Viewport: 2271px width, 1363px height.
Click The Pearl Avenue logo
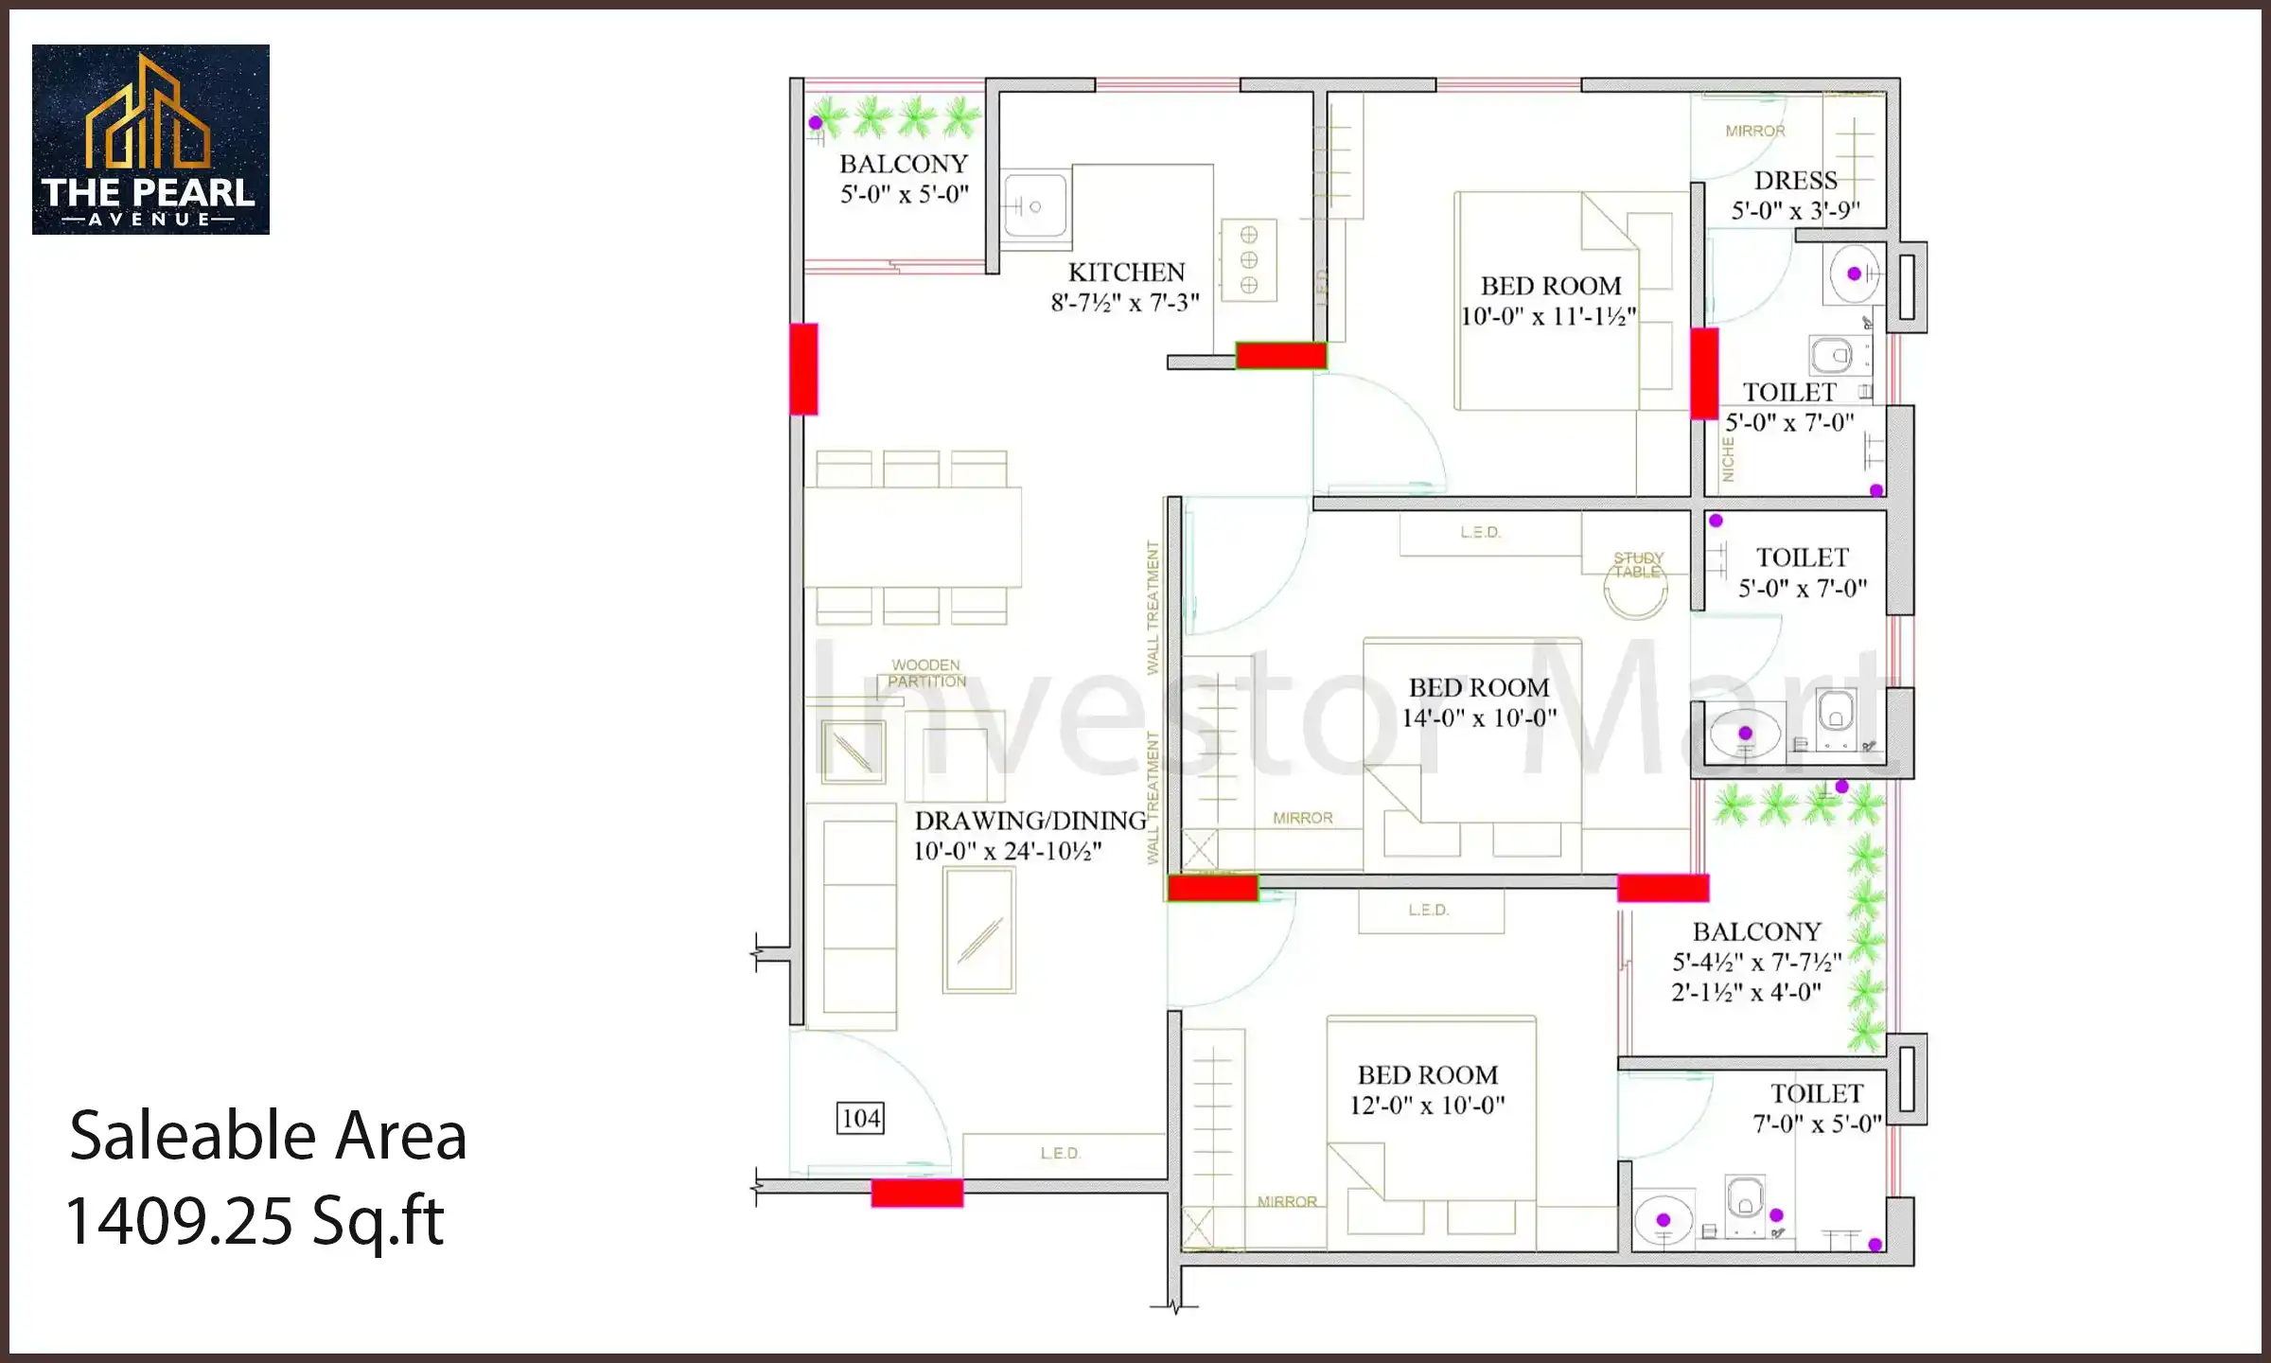[150, 139]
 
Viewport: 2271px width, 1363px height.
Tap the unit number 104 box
[860, 1118]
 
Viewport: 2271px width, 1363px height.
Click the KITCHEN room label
[1126, 273]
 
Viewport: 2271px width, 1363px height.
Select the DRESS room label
[1795, 181]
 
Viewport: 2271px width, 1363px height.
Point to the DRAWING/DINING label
[1030, 821]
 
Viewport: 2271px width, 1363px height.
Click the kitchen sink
[1033, 205]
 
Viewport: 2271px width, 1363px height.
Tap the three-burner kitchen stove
[1248, 259]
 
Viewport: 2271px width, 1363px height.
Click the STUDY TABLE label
[1638, 565]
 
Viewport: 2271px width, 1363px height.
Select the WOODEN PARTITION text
[926, 673]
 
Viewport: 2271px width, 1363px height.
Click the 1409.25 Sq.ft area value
[255, 1221]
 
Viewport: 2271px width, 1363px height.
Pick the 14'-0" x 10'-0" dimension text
[1479, 718]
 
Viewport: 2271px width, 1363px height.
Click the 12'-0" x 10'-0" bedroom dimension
[1427, 1106]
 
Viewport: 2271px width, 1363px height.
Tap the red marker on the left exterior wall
[803, 369]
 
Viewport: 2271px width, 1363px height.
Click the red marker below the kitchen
[1280, 356]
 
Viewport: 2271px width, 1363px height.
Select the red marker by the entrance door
[917, 1193]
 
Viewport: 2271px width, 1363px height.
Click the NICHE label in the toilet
[1728, 460]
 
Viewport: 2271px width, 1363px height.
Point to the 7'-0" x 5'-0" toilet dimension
[1817, 1124]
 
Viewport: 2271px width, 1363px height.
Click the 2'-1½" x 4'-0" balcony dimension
[1746, 993]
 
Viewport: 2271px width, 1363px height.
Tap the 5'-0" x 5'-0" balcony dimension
[905, 195]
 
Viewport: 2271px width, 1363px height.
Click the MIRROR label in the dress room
[1755, 132]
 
